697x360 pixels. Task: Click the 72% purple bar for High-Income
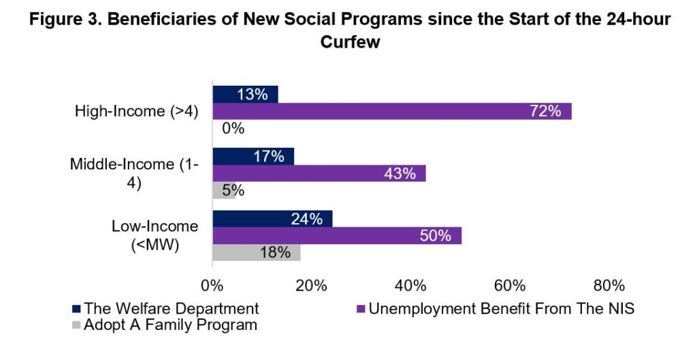point(392,112)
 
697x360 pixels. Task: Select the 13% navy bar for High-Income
point(245,95)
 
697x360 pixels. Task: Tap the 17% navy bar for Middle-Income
point(253,157)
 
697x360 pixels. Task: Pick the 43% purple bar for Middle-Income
point(319,174)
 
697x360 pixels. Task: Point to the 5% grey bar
point(224,191)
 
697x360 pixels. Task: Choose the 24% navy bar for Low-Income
point(272,218)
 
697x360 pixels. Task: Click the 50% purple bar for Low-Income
point(337,235)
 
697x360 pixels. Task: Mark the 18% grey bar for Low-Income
point(256,252)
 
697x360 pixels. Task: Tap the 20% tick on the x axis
point(312,284)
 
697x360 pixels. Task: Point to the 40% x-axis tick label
point(411,284)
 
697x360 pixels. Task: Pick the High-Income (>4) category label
point(136,112)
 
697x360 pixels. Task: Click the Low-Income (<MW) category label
point(155,235)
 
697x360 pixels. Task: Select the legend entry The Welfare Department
point(171,308)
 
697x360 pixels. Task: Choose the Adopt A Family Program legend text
point(170,325)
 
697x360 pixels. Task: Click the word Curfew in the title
point(349,41)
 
